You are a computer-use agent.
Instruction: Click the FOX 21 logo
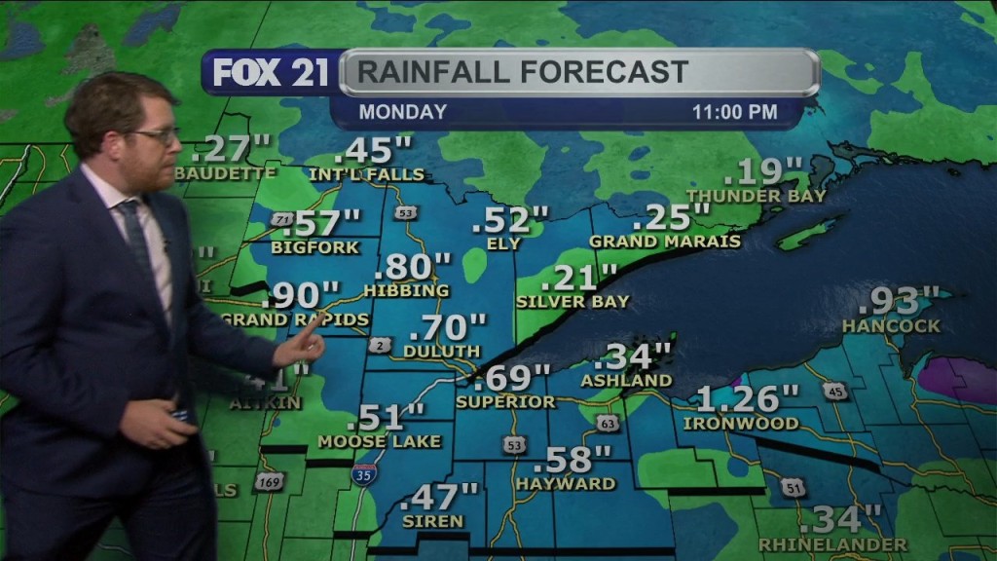click(x=271, y=73)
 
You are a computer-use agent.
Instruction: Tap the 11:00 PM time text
click(x=734, y=112)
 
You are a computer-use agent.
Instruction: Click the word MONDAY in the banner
click(x=402, y=112)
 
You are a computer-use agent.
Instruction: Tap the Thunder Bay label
click(x=756, y=196)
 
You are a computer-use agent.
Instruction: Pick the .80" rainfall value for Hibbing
click(x=413, y=266)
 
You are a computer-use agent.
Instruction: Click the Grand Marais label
click(x=665, y=241)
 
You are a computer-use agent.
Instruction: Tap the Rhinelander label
click(x=832, y=544)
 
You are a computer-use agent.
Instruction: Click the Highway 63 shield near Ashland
click(x=608, y=423)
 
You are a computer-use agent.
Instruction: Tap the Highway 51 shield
click(x=794, y=487)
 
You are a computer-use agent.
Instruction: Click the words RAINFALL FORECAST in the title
click(x=523, y=72)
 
